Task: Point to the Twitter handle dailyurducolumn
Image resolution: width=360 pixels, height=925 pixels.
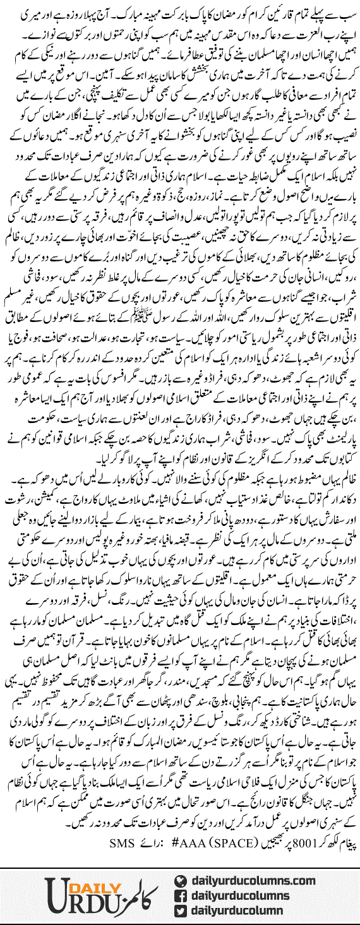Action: tap(256, 911)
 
